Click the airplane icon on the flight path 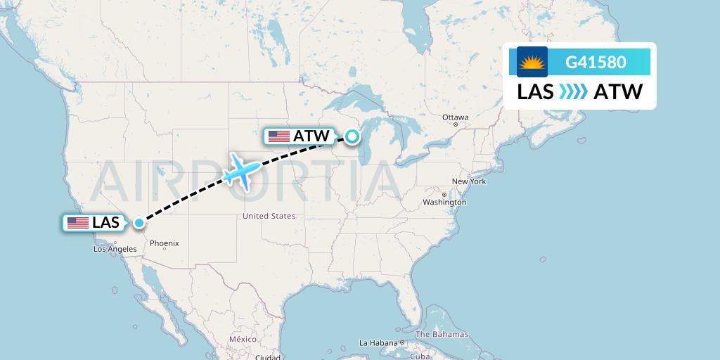click(239, 170)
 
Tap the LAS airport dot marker click(139, 223)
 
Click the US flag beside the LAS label click(77, 223)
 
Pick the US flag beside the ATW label click(279, 136)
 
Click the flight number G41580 click(596, 62)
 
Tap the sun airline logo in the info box click(532, 63)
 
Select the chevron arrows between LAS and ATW click(574, 91)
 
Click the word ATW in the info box click(618, 91)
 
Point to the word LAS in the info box click(536, 91)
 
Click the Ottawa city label click(455, 117)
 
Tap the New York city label click(469, 181)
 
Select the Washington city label click(444, 202)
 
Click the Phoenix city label click(165, 243)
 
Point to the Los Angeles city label click(115, 249)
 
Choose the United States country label click(269, 216)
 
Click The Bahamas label click(442, 334)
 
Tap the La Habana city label click(378, 343)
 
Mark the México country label click(243, 339)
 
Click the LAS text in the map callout click(105, 223)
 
